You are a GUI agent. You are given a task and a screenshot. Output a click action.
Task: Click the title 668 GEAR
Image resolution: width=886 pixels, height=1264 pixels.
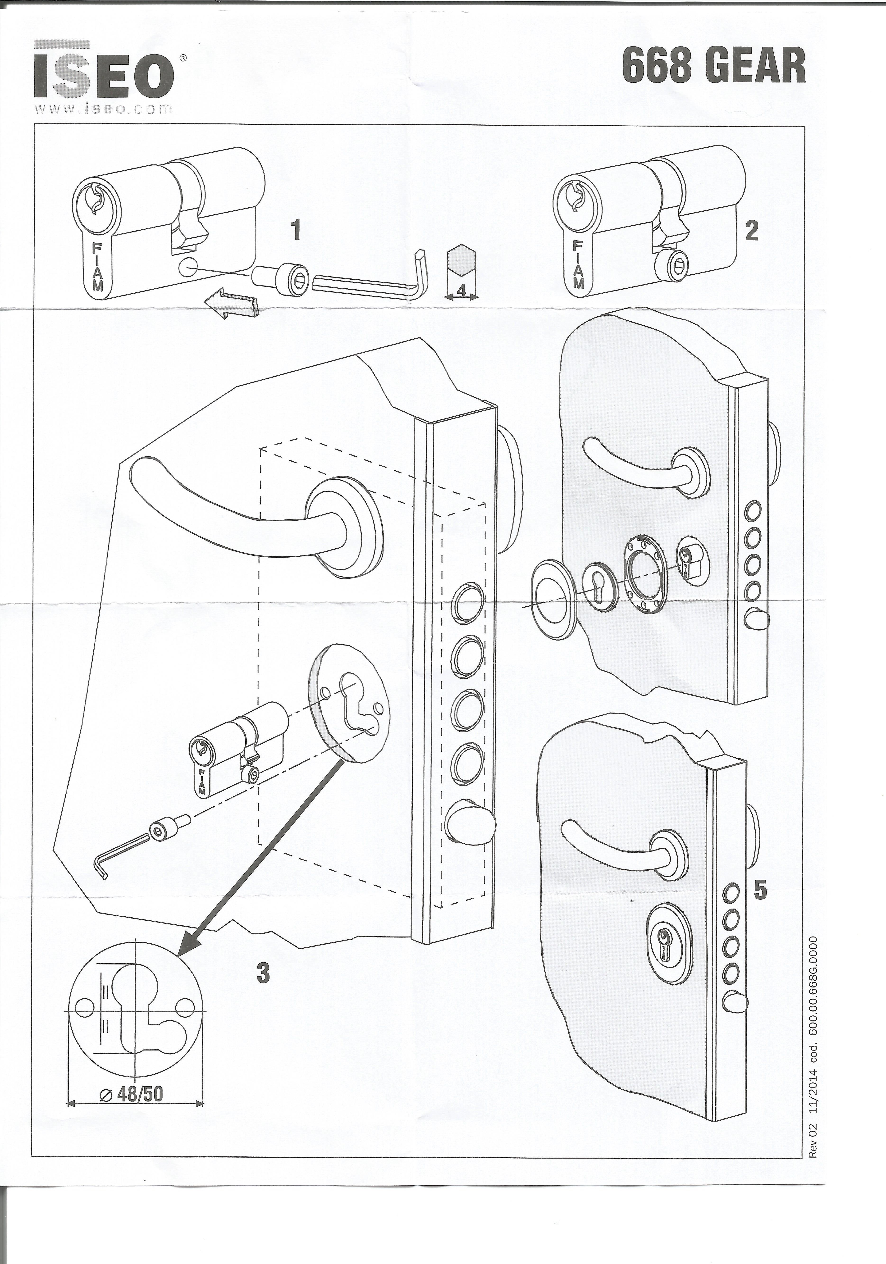click(x=714, y=66)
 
